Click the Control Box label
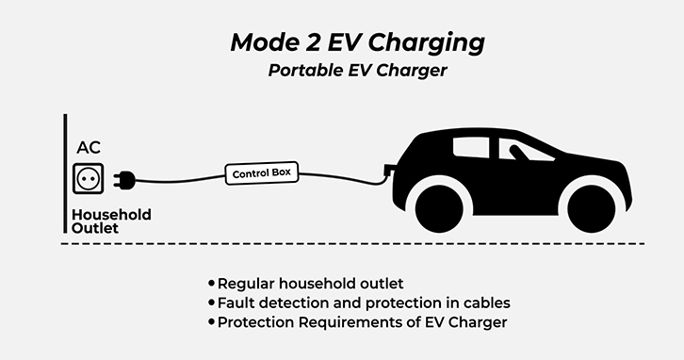[x=262, y=173]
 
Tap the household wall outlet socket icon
[x=89, y=178]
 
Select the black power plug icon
[x=124, y=180]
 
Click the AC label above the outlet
[x=89, y=148]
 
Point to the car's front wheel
[x=591, y=208]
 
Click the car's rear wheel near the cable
[x=439, y=208]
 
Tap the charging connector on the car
[x=389, y=170]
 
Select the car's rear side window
[x=471, y=147]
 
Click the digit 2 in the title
[x=313, y=42]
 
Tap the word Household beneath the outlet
[x=111, y=214]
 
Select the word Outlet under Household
[x=94, y=228]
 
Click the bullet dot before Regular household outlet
[x=212, y=284]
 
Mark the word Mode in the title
[x=265, y=42]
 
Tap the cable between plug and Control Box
[x=180, y=180]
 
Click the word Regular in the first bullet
[x=246, y=284]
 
